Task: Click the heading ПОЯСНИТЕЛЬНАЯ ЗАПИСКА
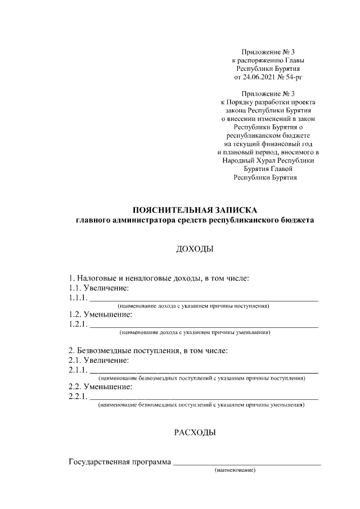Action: point(195,210)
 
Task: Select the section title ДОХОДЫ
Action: point(195,249)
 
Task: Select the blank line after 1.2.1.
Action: point(204,327)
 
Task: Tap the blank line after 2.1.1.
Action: point(204,372)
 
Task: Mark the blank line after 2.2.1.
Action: point(204,398)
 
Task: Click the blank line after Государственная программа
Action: point(247,465)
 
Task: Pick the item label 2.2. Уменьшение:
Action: point(100,387)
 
